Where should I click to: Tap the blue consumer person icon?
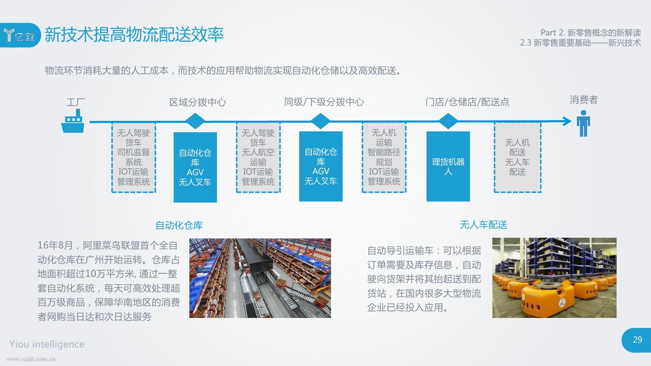pos(583,123)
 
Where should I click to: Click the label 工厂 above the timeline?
pos(75,102)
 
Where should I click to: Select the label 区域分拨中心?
pos(198,102)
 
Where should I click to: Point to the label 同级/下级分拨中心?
pos(324,102)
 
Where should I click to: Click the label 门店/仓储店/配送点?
pos(467,102)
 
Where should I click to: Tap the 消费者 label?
pos(584,100)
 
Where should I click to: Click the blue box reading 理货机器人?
pos(448,166)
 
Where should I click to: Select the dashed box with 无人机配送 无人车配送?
pos(517,157)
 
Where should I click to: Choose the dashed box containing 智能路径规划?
pos(384,157)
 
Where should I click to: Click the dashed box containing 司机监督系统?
pos(134,157)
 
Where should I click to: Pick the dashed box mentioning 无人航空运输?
pos(258,157)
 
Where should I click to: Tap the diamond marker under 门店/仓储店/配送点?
pos(448,121)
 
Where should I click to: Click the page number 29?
pos(637,340)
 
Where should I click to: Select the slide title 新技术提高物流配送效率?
pos(134,35)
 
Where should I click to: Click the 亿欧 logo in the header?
pos(20,35)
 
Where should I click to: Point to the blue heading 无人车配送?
pos(483,225)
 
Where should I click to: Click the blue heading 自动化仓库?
pos(179,225)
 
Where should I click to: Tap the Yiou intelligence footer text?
pos(47,344)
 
